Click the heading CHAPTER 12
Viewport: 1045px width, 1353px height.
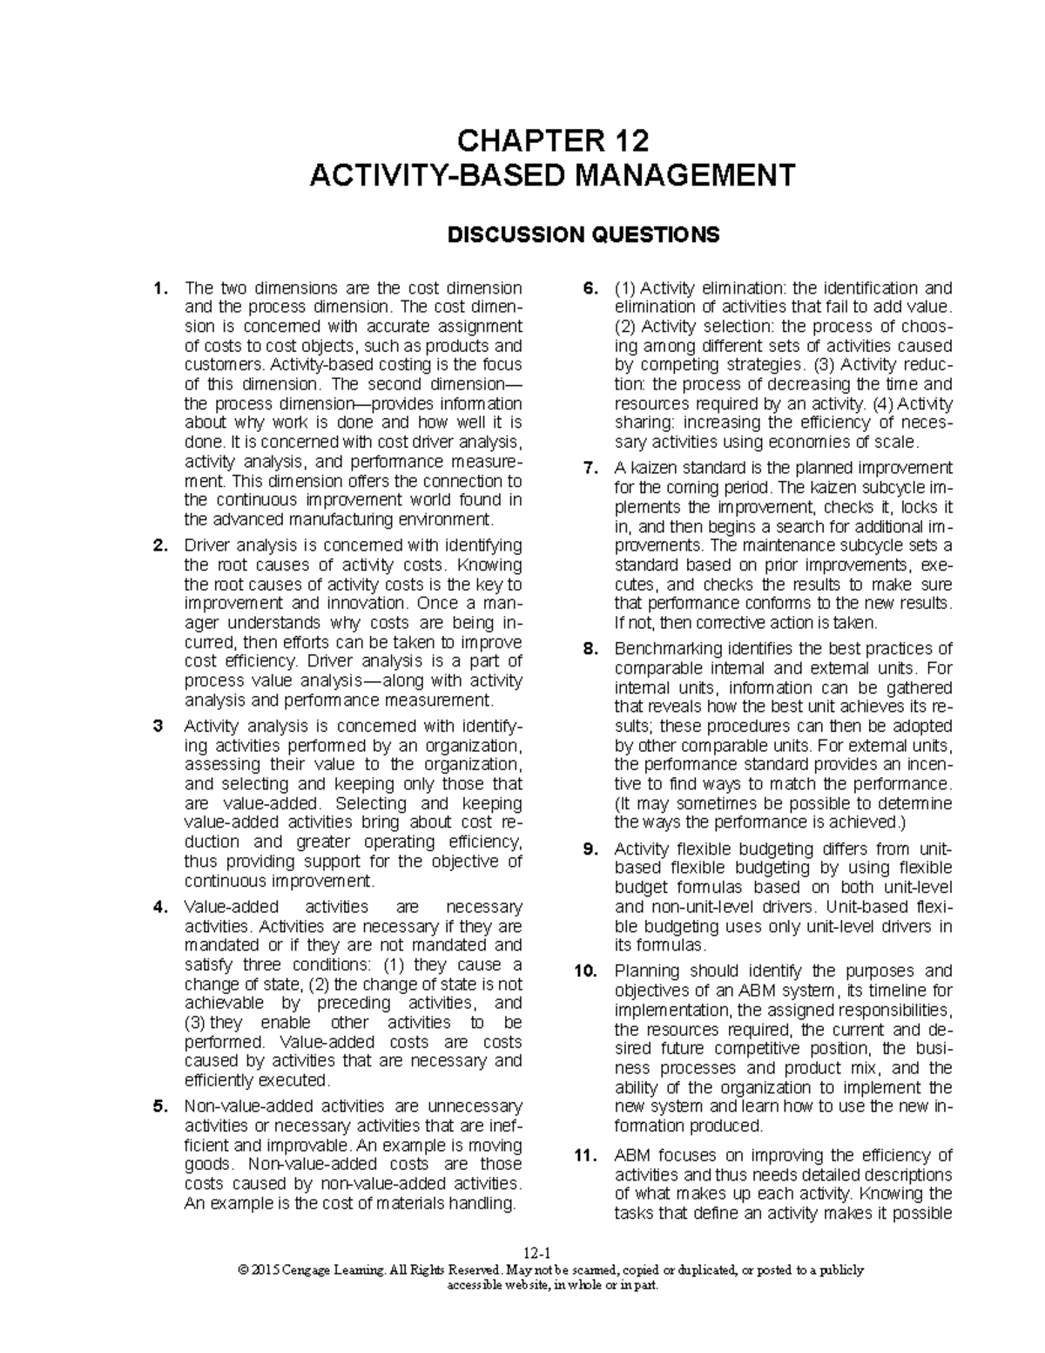pyautogui.click(x=553, y=140)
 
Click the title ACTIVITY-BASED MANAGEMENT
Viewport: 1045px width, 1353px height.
pyautogui.click(x=553, y=175)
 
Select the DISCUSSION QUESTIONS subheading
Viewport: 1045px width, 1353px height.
pyautogui.click(x=583, y=234)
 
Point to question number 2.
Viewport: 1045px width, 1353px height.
pyautogui.click(x=158, y=545)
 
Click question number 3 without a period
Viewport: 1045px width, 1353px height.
pyautogui.click(x=157, y=726)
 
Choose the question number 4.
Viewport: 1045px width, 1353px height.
pyautogui.click(x=158, y=907)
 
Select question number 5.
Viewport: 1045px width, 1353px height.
pyautogui.click(x=158, y=1107)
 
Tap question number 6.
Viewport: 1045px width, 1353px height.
pyautogui.click(x=590, y=288)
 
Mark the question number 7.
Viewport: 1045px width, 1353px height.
pyautogui.click(x=590, y=469)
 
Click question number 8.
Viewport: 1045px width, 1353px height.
pyautogui.click(x=590, y=649)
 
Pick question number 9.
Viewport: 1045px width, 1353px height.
pyautogui.click(x=590, y=849)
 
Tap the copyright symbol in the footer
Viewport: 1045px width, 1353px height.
pyautogui.click(x=242, y=1271)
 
